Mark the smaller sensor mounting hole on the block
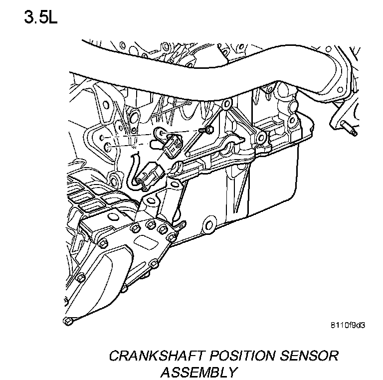(102, 137)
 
